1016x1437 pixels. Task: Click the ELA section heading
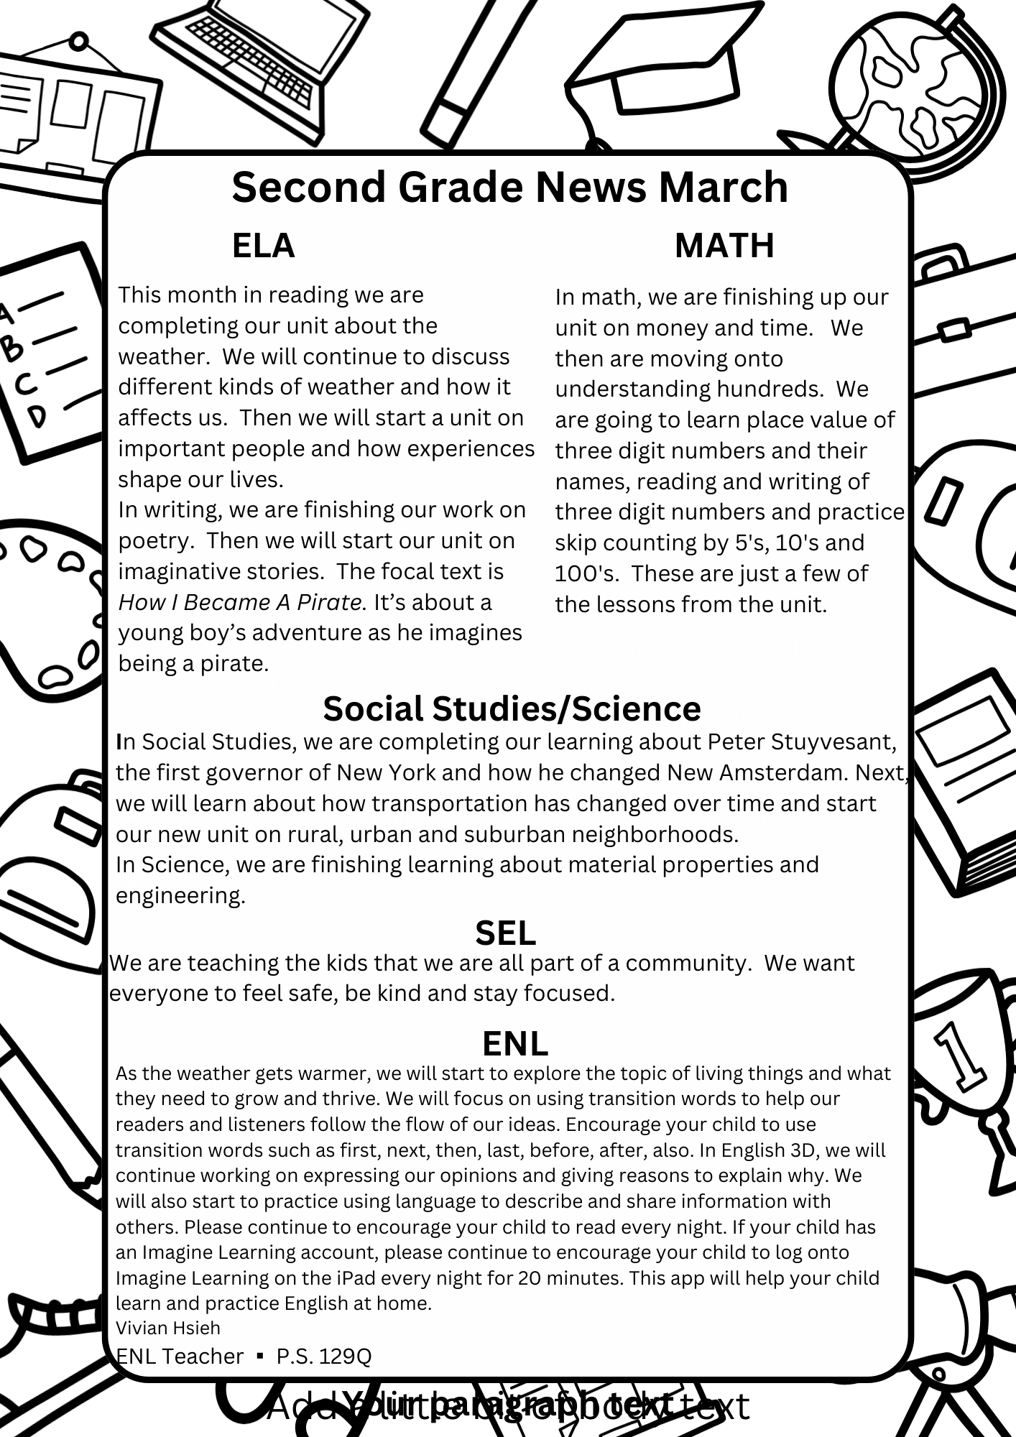[x=263, y=246]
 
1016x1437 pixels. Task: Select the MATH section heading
[x=724, y=246]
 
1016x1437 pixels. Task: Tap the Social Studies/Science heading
[x=512, y=708]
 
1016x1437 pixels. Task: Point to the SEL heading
[x=505, y=933]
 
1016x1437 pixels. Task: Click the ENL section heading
[x=515, y=1043]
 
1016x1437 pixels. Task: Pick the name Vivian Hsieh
[x=168, y=1328]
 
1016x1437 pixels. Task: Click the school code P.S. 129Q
[x=323, y=1356]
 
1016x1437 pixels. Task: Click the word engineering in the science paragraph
[x=180, y=895]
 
